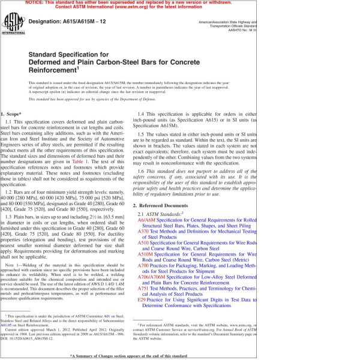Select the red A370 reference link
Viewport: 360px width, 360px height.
143,232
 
